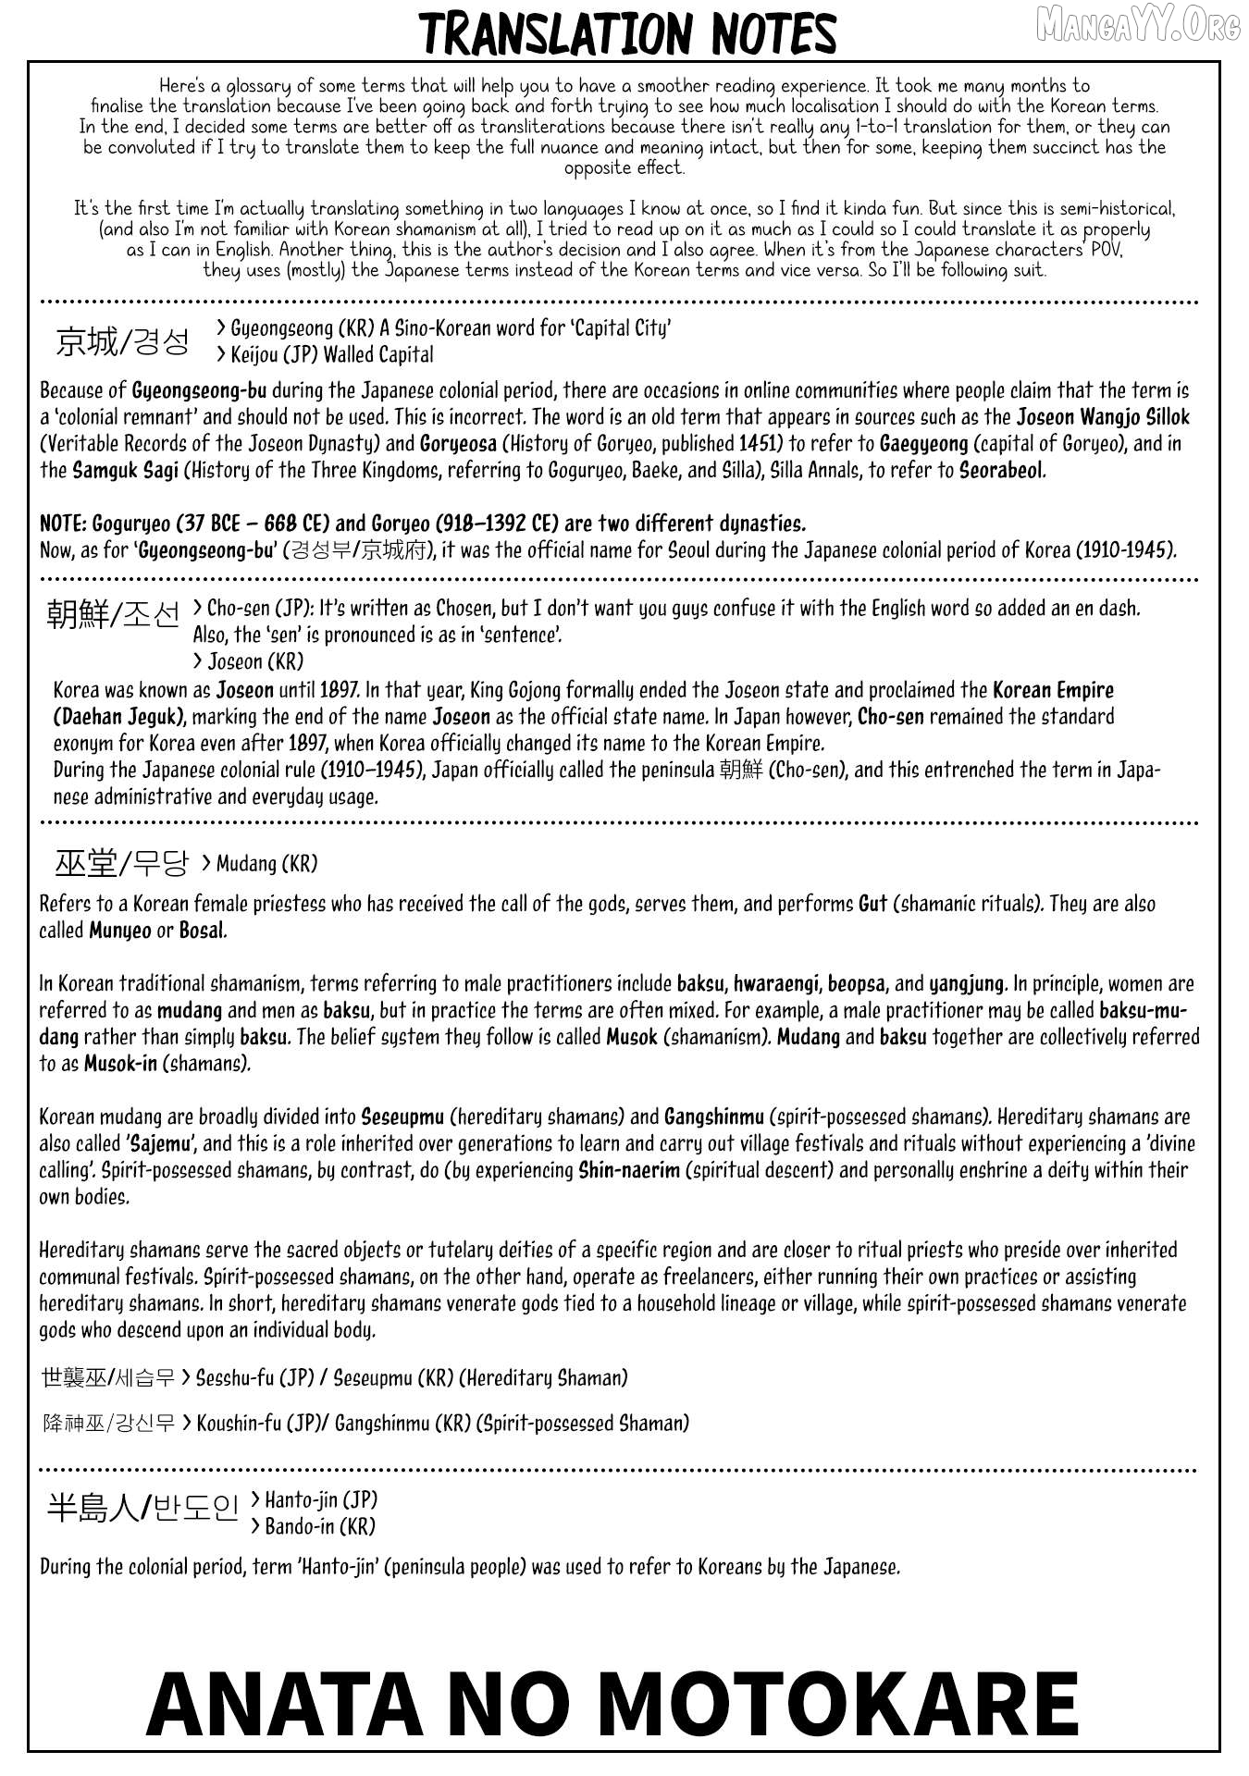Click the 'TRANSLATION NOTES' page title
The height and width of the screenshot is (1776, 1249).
pos(628,34)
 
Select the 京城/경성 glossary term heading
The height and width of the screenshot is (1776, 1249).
pos(122,341)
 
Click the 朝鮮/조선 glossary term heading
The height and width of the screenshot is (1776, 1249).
pos(113,613)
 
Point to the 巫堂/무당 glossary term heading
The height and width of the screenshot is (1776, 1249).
pos(121,863)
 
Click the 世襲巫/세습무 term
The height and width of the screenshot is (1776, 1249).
pos(107,1377)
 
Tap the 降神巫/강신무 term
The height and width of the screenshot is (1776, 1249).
pos(108,1423)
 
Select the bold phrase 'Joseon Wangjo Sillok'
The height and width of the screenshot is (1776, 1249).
pos(1103,417)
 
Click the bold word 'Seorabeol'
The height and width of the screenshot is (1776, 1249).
pos(1002,470)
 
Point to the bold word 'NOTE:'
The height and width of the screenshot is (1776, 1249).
pos(63,524)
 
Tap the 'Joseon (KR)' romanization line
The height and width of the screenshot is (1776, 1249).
pos(248,661)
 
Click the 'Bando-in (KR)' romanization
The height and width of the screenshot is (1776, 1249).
pos(313,1526)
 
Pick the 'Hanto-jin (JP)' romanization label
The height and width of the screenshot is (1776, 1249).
pos(315,1499)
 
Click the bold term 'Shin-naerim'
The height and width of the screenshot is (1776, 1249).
pos(629,1170)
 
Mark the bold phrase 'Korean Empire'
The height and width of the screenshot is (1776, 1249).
pos(1053,690)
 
